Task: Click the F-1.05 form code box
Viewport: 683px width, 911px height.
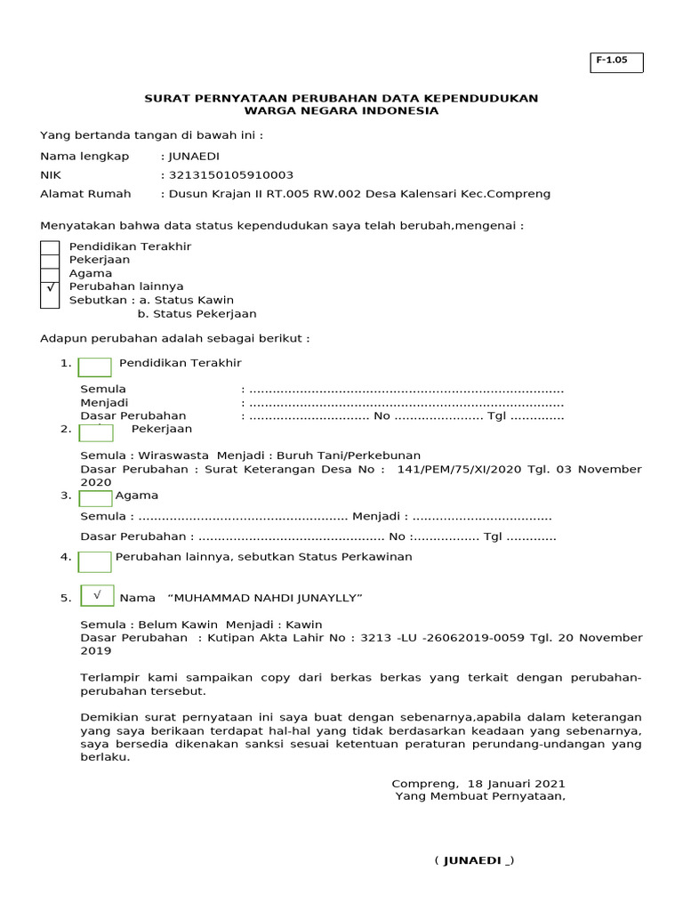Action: (x=615, y=61)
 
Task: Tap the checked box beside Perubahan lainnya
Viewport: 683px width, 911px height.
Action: (x=51, y=287)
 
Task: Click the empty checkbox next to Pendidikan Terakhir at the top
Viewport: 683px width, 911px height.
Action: (x=51, y=247)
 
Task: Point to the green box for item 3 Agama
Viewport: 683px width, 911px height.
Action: (x=96, y=498)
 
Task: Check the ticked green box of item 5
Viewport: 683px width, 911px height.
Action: (x=97, y=595)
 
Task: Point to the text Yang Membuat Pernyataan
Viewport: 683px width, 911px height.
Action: (x=480, y=796)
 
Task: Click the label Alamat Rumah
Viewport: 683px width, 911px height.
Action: (x=85, y=193)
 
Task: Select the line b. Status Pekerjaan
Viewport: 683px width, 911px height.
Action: (x=197, y=313)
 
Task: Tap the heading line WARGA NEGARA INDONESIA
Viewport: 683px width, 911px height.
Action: (x=341, y=111)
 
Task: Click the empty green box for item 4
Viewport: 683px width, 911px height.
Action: (x=95, y=561)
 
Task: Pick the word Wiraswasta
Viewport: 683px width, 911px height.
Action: (x=174, y=455)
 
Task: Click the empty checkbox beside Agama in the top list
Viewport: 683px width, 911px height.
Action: (x=51, y=273)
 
